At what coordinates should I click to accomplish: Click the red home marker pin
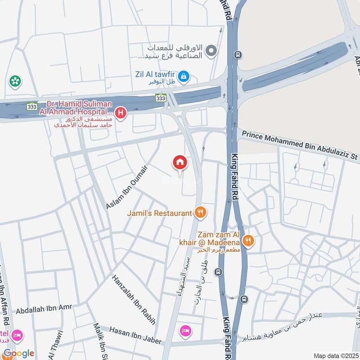[180, 162]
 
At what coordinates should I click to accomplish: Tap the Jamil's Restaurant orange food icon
[201, 212]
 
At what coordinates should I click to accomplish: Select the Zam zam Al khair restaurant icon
[248, 241]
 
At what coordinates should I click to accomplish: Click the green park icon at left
[15, 81]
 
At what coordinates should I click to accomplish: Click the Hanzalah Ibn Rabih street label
[134, 300]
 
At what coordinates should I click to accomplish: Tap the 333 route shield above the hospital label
[161, 98]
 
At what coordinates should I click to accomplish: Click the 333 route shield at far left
[31, 106]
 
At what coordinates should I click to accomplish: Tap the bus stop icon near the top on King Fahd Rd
[237, 55]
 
